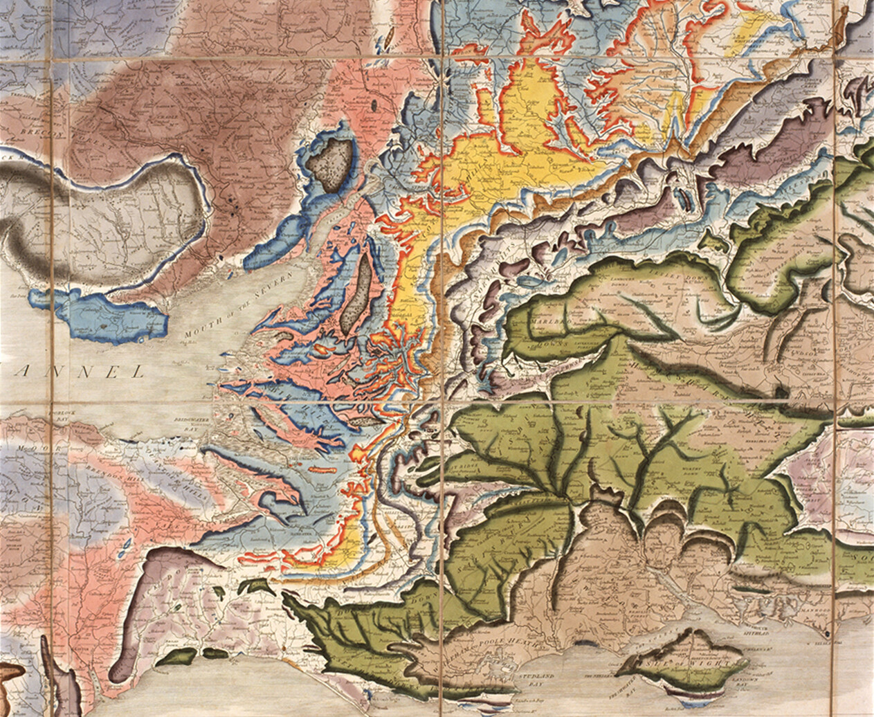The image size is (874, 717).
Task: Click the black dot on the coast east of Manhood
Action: pos(829,633)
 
